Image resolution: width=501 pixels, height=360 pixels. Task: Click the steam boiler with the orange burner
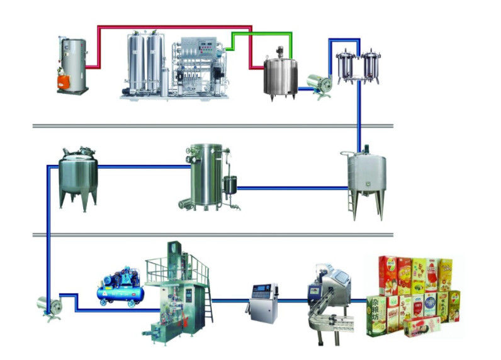pyautogui.click(x=72, y=63)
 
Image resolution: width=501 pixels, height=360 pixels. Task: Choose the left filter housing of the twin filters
pyautogui.click(x=347, y=67)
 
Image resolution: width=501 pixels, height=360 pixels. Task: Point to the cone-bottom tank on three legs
pyautogui.click(x=79, y=176)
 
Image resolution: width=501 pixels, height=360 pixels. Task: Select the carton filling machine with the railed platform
pyautogui.click(x=176, y=290)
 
